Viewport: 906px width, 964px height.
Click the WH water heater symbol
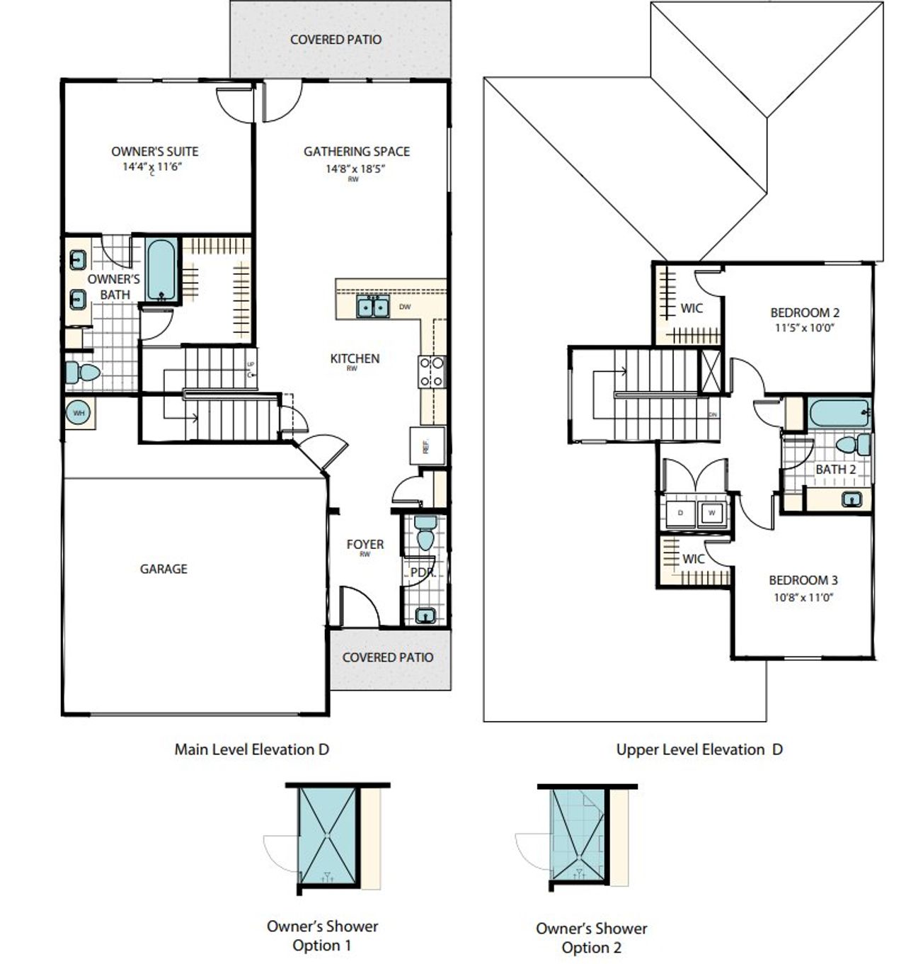click(x=79, y=412)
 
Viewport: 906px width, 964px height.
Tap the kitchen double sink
click(x=372, y=307)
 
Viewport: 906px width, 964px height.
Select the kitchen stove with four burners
click(x=432, y=371)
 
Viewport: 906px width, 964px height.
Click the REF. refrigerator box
click(x=427, y=446)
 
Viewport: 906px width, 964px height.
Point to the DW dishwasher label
click(x=405, y=307)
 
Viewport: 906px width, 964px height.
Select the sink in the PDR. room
click(x=425, y=615)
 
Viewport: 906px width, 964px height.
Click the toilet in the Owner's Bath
click(x=81, y=373)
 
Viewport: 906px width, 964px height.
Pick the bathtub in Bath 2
click(x=839, y=413)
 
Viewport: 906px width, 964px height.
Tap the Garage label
click(x=164, y=569)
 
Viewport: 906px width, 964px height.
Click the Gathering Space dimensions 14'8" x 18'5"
click(x=356, y=169)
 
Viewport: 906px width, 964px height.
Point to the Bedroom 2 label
click(x=805, y=312)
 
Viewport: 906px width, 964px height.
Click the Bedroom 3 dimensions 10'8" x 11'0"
click(x=803, y=597)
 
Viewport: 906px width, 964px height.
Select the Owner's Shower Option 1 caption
click(x=322, y=936)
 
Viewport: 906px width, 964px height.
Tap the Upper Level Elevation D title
click(x=699, y=749)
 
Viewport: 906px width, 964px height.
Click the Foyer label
click(x=365, y=544)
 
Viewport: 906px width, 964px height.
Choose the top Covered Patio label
click(x=336, y=40)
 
